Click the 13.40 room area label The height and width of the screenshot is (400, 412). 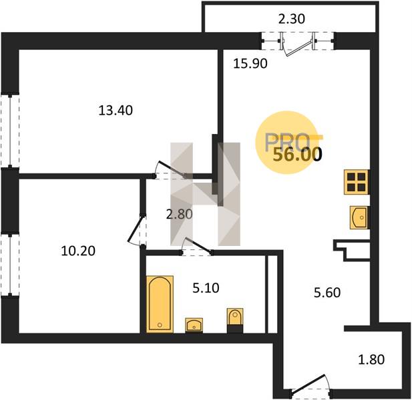116,111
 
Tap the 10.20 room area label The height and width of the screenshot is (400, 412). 78,251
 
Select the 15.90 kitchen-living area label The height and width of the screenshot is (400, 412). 250,63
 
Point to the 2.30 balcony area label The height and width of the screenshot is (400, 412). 291,19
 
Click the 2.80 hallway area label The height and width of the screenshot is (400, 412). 180,214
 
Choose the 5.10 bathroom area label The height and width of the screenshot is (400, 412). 206,288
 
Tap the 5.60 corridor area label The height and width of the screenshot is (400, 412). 327,293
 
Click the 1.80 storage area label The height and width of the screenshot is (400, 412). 371,359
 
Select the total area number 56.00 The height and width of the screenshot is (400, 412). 297,155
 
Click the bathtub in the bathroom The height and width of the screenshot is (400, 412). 160,304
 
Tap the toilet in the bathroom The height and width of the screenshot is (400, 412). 235,321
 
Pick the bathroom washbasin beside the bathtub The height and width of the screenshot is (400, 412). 194,325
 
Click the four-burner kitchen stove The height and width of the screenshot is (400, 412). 357,182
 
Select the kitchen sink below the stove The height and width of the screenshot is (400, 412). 359,217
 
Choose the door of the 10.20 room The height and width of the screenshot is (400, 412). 136,230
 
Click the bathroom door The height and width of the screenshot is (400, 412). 196,246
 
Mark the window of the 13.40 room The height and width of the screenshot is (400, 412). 10,131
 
